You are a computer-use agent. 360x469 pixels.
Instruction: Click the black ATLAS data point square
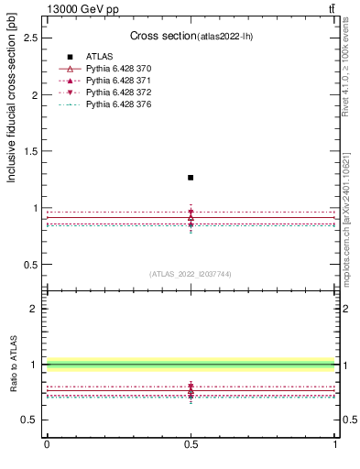191,177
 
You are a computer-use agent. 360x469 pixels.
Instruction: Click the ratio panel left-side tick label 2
36,309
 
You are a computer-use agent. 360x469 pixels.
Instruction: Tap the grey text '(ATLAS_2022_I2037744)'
191,274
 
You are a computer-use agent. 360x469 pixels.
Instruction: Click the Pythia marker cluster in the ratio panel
191,392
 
